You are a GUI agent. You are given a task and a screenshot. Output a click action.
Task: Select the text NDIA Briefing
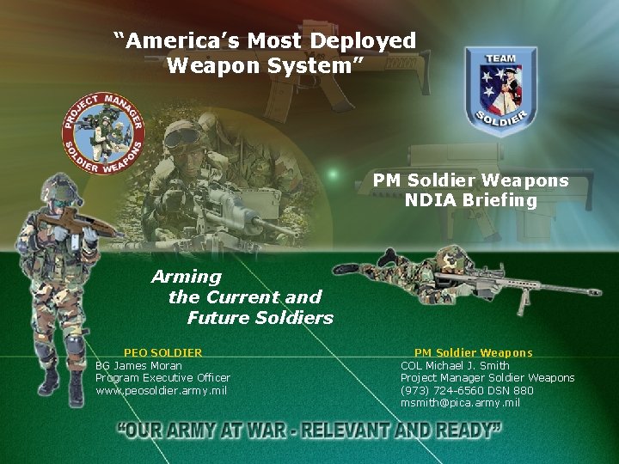[x=471, y=200]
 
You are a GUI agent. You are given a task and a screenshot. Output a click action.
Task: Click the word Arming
[x=187, y=277]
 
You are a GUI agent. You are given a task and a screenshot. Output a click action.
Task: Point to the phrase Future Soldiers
[x=260, y=318]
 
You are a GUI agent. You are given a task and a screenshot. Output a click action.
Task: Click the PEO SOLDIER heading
[x=163, y=352]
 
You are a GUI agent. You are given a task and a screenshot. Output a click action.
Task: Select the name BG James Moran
[x=138, y=365]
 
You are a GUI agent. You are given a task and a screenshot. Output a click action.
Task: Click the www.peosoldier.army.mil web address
[x=161, y=390]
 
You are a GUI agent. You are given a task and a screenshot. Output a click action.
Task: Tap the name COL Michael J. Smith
[x=455, y=365]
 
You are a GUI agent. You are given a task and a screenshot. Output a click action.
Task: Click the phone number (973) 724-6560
[x=438, y=390]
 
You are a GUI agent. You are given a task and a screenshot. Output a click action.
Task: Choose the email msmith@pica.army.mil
[x=460, y=402]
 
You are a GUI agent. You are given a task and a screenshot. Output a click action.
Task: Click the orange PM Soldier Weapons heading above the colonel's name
[x=473, y=352]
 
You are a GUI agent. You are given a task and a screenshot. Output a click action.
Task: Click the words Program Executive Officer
[x=162, y=377]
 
